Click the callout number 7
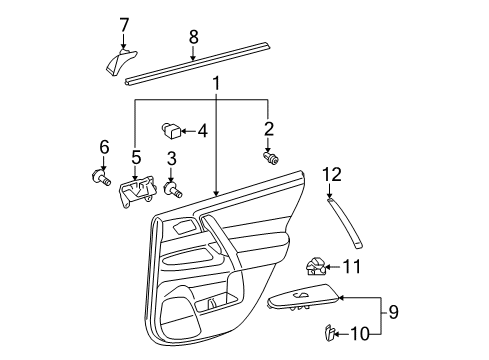(124, 23)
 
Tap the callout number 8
(194, 37)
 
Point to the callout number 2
(268, 128)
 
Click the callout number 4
(202, 130)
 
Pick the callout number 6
(103, 147)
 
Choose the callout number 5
(137, 158)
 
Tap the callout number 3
(172, 159)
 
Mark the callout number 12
(331, 175)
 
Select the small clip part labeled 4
(172, 130)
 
